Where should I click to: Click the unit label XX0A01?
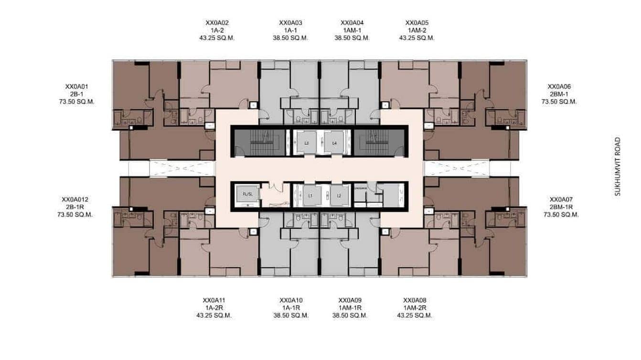coord(77,87)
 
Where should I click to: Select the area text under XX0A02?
coord(217,38)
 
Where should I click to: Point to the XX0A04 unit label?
coord(352,22)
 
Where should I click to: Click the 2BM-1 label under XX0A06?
coord(559,94)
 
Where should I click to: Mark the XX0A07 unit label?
coord(561,199)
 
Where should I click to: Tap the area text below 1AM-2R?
coord(415,316)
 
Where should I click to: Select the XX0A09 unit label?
coord(350,300)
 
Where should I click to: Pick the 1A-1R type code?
coord(291,308)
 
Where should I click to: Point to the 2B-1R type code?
coord(75,207)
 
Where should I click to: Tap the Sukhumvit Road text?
coord(618,167)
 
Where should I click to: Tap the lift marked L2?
coord(339,196)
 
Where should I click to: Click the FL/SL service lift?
coord(247,194)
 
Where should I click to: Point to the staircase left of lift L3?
coord(259,142)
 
